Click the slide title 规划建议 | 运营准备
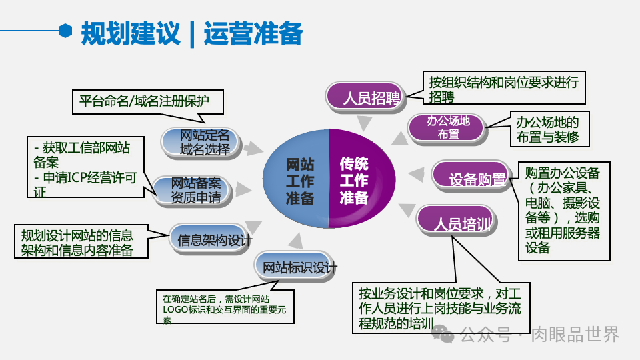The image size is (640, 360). [191, 33]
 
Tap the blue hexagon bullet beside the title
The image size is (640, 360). [65, 31]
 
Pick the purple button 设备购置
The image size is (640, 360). [470, 177]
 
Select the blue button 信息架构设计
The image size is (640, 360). [211, 239]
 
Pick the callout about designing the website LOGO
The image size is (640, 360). [225, 307]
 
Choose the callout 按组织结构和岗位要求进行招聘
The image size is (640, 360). [504, 87]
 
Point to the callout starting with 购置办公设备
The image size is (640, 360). [563, 210]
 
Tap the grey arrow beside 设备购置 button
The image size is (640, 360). [417, 175]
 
